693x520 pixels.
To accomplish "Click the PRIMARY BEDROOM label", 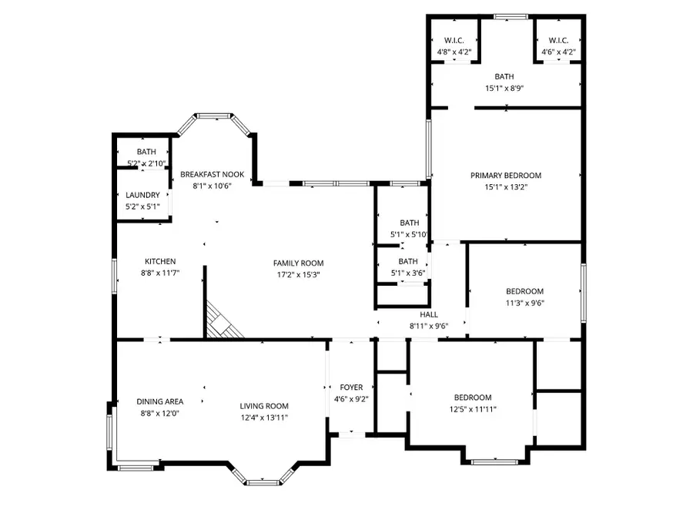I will pos(506,176).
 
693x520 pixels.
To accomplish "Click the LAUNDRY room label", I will pos(142,196).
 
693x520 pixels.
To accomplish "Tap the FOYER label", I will pos(351,387).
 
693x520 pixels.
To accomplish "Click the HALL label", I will pos(429,314).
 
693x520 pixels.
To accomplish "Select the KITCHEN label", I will pos(159,262).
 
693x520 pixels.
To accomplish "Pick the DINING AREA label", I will pos(160,401).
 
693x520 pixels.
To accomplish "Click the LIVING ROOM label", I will pos(264,406).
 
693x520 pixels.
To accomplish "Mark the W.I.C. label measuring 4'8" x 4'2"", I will pos(454,41).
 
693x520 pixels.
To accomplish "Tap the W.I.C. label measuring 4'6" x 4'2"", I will pos(558,41).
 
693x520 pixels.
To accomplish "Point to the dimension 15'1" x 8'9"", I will pos(504,88).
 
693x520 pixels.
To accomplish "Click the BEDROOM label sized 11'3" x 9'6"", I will pos(524,291).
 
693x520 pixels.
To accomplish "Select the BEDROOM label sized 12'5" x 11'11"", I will pos(472,398).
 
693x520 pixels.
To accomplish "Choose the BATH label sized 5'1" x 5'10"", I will pos(409,223).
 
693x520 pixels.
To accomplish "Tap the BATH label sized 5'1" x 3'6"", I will pos(408,261).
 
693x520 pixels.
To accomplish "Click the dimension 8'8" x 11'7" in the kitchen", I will pos(159,273).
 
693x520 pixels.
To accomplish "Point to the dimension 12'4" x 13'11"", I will pos(264,418).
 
